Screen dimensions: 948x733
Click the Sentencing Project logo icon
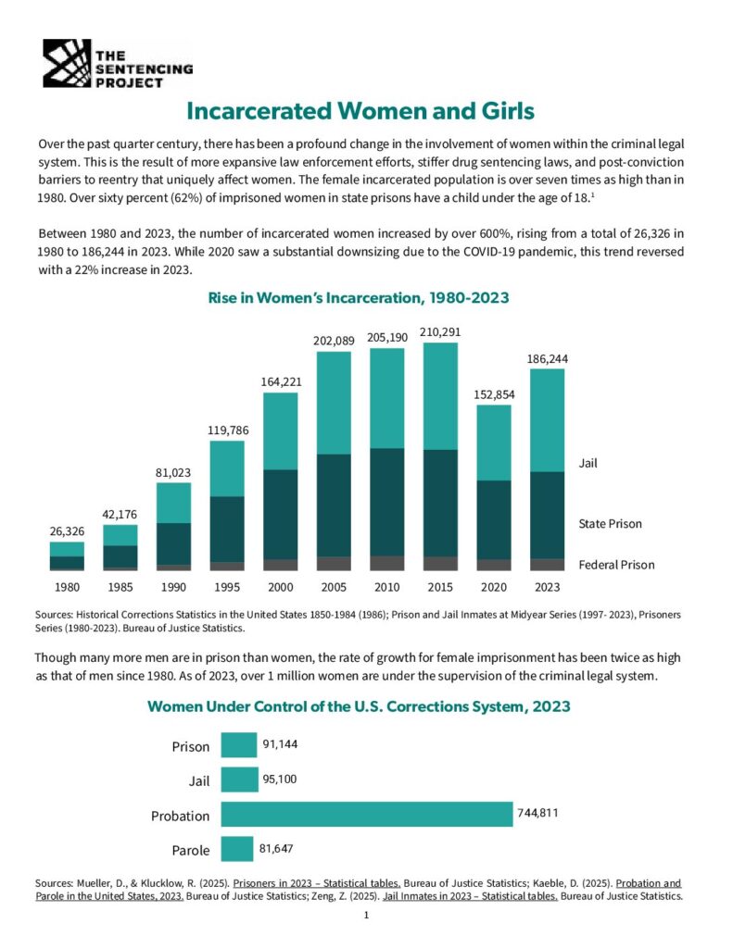(x=68, y=63)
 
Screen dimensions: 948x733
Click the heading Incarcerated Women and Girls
(x=360, y=111)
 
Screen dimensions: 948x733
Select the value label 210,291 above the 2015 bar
(x=440, y=331)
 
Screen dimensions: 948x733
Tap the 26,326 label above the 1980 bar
(x=67, y=530)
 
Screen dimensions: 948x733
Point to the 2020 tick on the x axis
(x=494, y=587)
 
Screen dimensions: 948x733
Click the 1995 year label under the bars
(x=227, y=587)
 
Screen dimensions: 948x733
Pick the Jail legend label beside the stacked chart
(x=588, y=463)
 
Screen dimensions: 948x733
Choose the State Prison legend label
(x=609, y=524)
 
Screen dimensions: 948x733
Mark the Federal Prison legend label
(x=615, y=565)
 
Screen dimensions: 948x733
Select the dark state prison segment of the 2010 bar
(x=387, y=502)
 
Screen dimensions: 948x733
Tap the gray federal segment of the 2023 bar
(x=547, y=564)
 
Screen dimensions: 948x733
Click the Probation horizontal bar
(x=366, y=815)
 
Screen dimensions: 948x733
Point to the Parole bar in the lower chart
(x=237, y=849)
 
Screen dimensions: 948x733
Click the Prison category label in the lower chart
(x=191, y=747)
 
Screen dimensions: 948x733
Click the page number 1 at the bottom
(x=367, y=916)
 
